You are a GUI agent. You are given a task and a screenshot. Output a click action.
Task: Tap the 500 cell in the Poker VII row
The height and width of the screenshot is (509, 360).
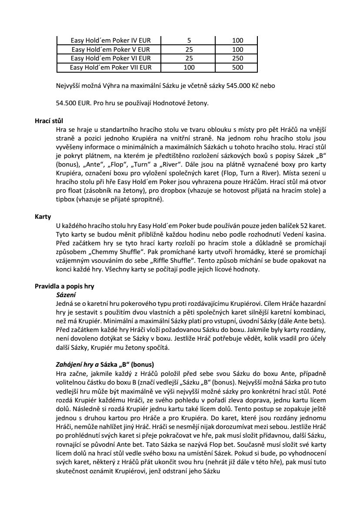tap(237, 67)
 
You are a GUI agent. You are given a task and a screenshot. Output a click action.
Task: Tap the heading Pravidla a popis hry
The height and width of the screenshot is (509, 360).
tap(64, 287)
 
